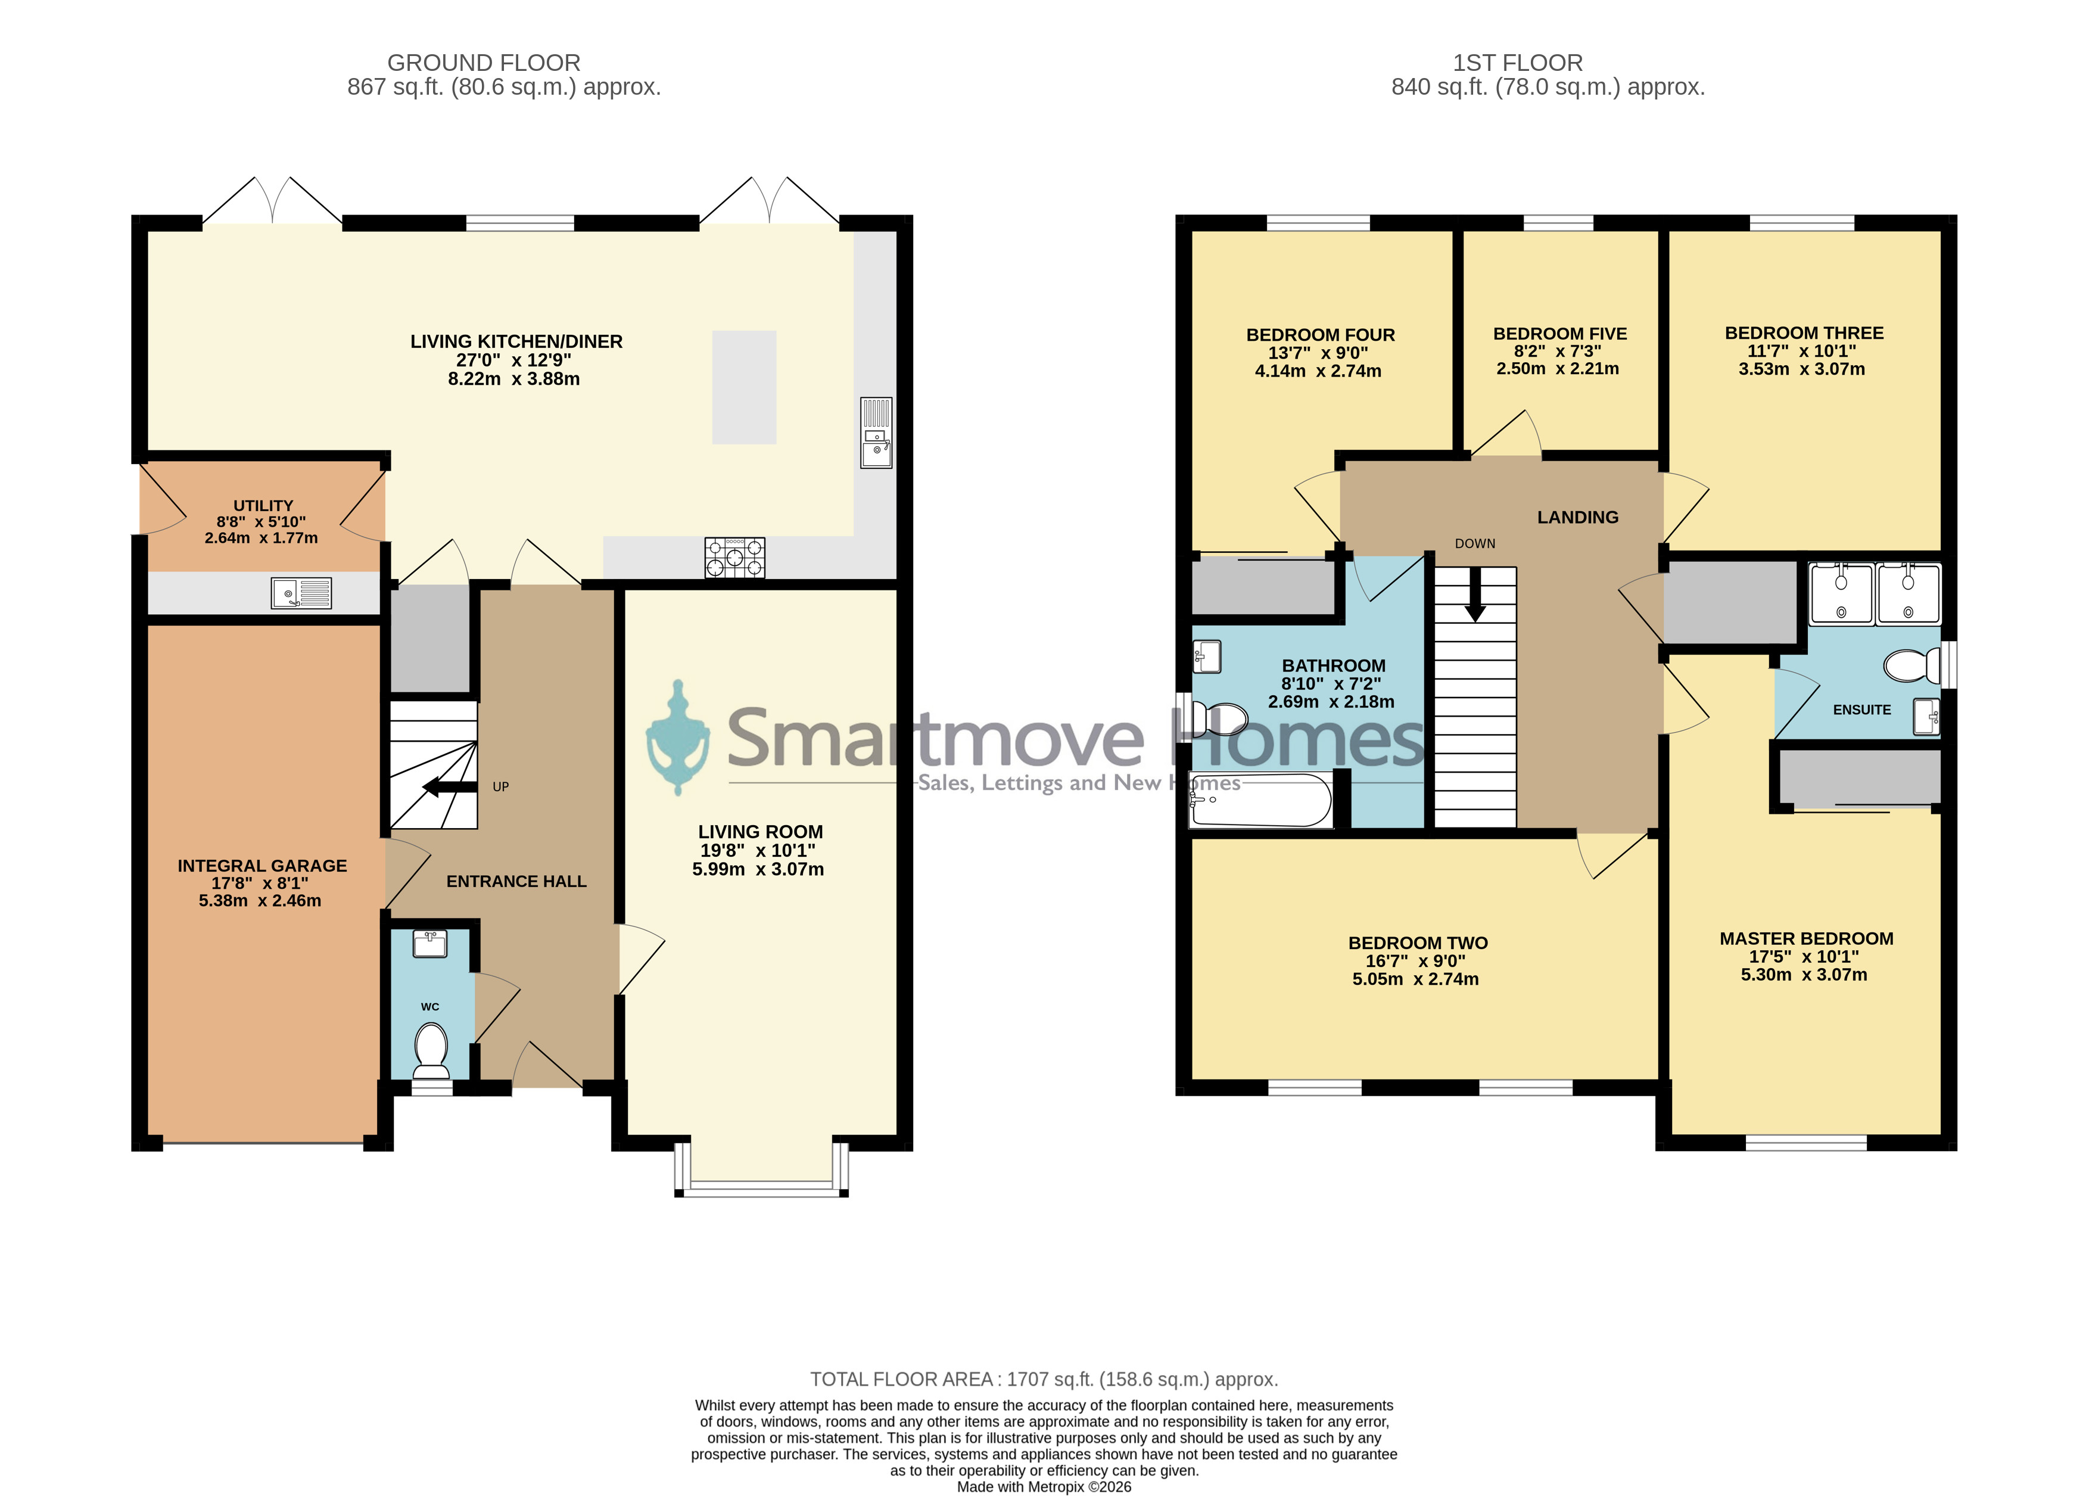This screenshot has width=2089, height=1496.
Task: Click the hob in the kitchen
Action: pos(735,557)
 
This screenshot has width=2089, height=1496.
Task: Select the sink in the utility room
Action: pos(301,593)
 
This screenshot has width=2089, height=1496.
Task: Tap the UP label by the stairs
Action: pos(501,786)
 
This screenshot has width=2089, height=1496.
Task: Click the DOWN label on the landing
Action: pos(1475,543)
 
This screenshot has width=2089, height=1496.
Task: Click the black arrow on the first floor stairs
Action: pos(1475,594)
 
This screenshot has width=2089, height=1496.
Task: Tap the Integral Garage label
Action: pos(263,866)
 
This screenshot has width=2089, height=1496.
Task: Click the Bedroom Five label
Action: pos(1560,334)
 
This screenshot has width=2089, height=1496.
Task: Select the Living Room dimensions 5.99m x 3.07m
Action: pos(758,870)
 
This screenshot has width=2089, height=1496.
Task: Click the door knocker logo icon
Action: pos(678,737)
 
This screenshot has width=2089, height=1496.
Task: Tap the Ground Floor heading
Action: pos(484,63)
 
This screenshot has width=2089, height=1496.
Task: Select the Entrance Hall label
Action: pos(516,882)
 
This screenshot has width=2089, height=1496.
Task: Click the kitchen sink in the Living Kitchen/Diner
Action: pos(876,433)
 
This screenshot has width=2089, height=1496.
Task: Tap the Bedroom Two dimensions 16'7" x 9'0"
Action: pos(1416,961)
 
